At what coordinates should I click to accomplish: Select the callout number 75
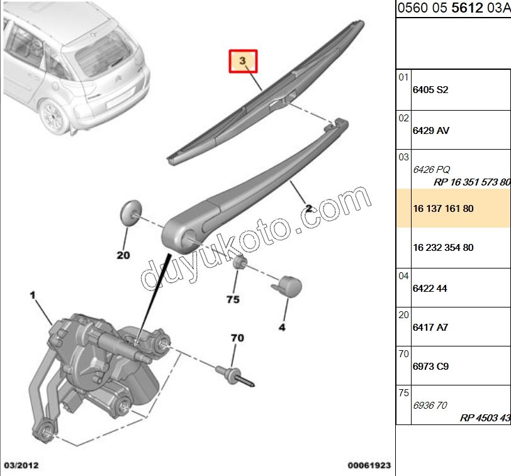233,299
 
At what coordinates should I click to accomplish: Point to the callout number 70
237,338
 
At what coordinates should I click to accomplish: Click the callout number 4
282,327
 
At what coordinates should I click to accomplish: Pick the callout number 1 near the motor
33,295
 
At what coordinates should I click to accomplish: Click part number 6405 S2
430,90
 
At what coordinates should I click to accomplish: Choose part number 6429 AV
430,131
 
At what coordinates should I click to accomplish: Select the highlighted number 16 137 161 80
443,208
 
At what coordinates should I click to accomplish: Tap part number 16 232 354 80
443,248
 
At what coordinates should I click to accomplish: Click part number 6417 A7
430,328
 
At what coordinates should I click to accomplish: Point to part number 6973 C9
430,367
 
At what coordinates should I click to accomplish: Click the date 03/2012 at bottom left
21,465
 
